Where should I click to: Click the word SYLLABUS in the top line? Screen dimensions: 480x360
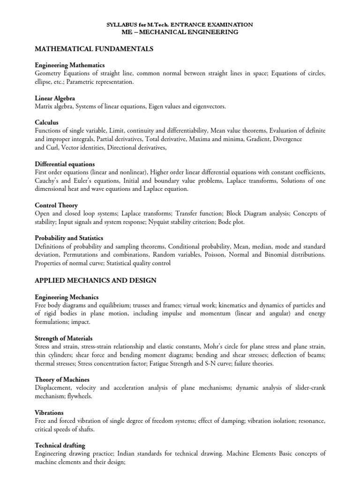click(121, 24)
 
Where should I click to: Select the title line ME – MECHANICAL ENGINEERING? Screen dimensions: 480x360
click(180, 32)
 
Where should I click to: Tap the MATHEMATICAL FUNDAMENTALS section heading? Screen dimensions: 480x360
click(94, 49)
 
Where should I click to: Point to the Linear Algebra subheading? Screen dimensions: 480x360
click(55, 98)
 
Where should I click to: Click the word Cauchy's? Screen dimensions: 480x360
click(49, 180)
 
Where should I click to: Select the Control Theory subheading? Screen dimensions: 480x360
click(56, 205)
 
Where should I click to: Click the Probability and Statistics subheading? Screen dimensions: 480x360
click(69, 238)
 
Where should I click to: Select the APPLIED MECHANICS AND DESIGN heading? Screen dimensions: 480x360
click(96, 280)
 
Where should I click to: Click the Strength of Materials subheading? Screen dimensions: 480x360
click(63, 338)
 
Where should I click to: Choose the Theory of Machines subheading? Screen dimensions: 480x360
click(62, 379)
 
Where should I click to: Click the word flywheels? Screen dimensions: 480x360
click(78, 396)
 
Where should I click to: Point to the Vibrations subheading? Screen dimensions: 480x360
click(49, 412)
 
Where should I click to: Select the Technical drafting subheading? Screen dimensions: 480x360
click(60, 445)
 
